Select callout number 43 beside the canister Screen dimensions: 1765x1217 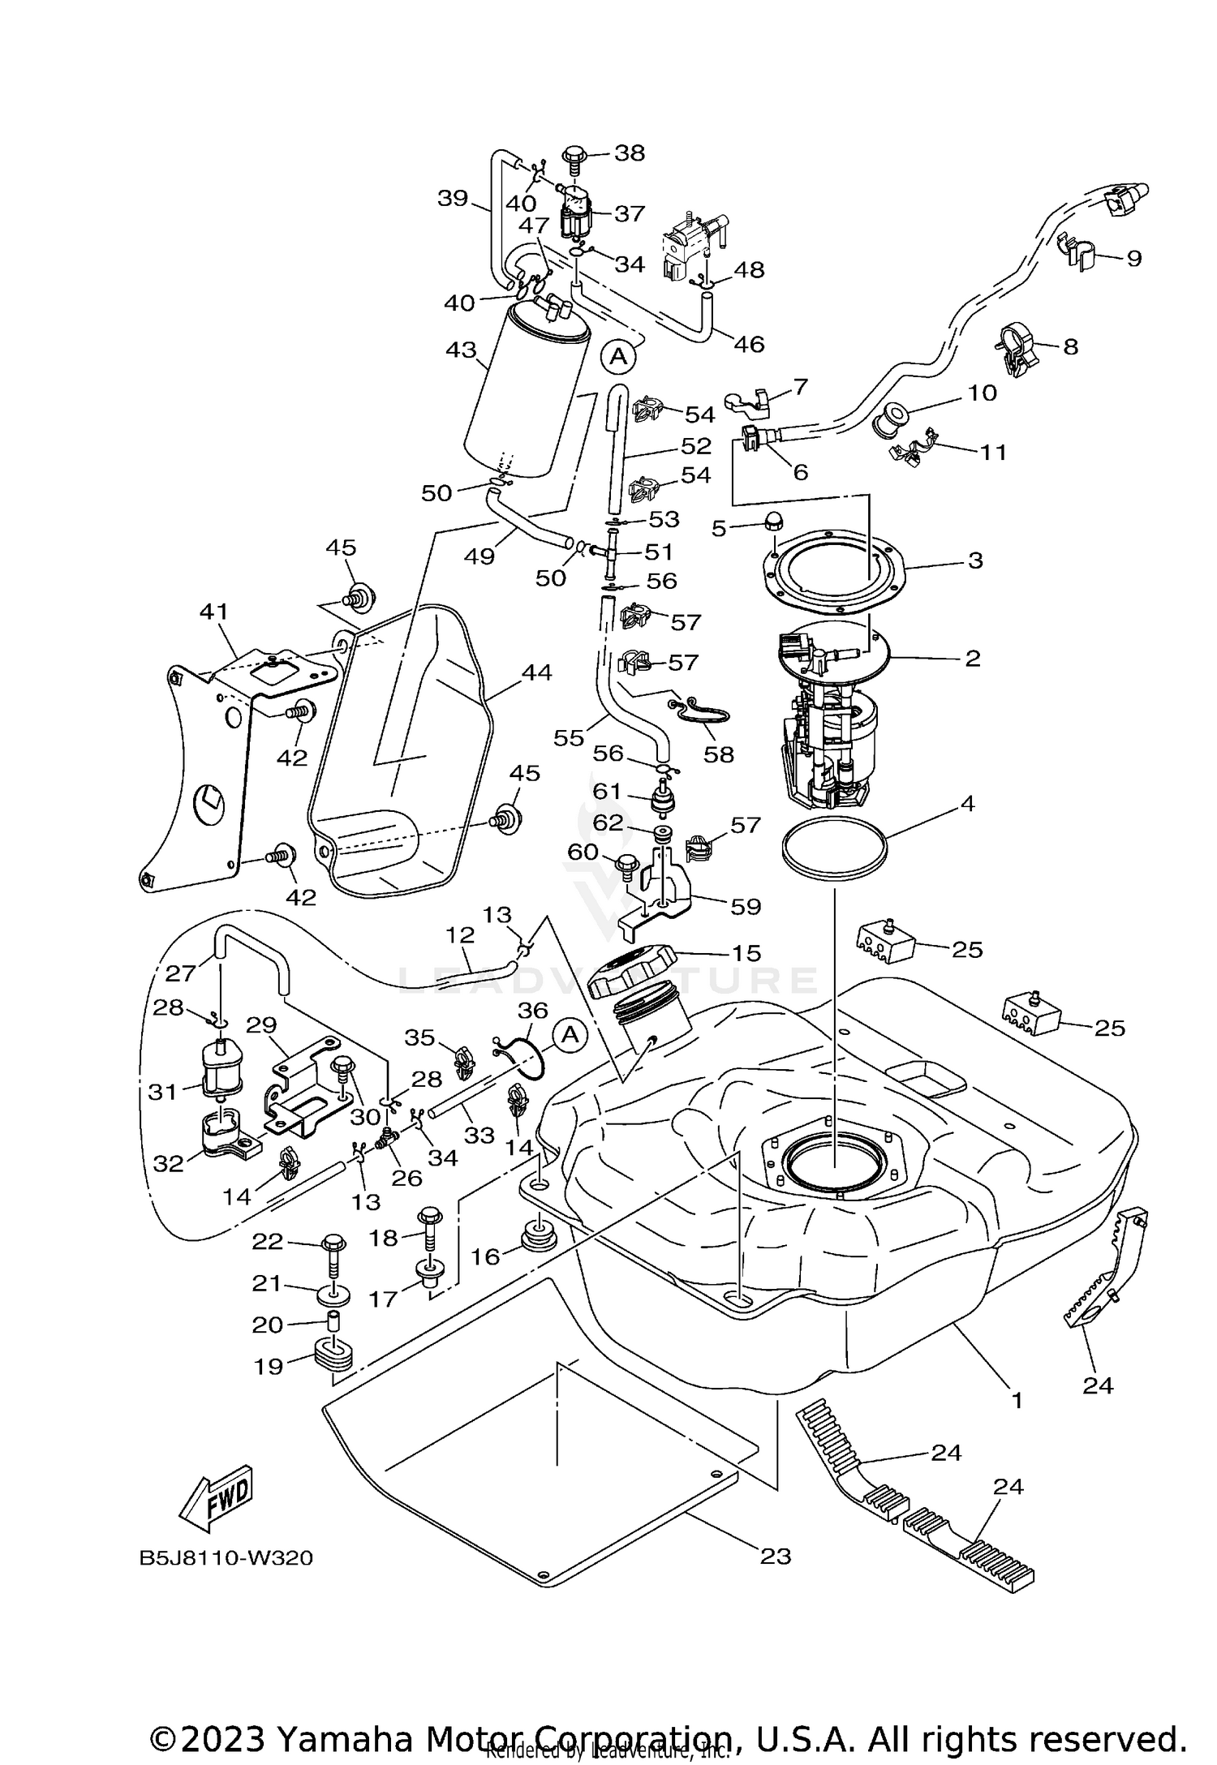pyautogui.click(x=460, y=351)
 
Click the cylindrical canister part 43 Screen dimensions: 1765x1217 pyautogui.click(x=527, y=397)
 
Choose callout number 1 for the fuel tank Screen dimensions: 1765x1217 pyautogui.click(x=1017, y=1399)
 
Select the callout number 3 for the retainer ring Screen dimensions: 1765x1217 pyautogui.click(x=975, y=560)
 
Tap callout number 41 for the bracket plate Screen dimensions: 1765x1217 pyautogui.click(x=215, y=611)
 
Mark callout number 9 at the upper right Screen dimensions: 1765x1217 pyautogui.click(x=1133, y=258)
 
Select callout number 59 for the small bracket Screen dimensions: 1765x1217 pyautogui.click(x=745, y=906)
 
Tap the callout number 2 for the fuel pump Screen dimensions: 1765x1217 pyautogui.click(x=973, y=658)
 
